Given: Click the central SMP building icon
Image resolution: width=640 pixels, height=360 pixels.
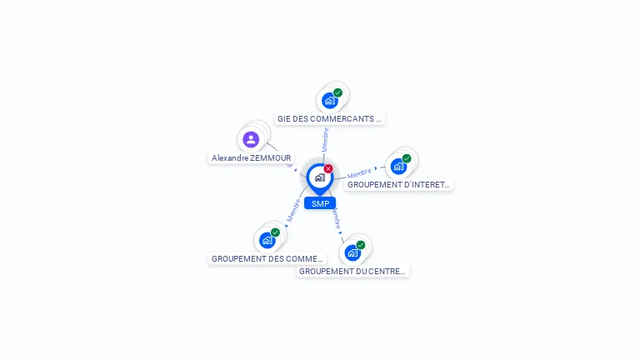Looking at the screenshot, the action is [319, 177].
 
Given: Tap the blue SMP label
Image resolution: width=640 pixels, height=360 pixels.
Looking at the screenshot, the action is [320, 203].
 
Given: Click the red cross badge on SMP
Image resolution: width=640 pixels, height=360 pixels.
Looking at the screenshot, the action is [328, 168].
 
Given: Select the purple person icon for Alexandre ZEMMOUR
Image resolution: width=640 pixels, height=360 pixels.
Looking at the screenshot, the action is [251, 139].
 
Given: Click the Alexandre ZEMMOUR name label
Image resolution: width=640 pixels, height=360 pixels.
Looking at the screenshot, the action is [252, 157].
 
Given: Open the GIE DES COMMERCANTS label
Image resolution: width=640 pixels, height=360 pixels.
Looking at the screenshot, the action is [329, 118].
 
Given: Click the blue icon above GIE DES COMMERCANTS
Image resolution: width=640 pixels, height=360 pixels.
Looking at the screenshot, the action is [330, 100].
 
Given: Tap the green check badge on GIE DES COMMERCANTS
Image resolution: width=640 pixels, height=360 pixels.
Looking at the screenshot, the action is [337, 92].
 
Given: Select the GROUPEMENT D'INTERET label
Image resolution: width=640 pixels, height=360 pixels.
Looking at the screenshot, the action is [399, 184].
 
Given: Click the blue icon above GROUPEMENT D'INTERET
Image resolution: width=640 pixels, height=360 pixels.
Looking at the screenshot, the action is [398, 166].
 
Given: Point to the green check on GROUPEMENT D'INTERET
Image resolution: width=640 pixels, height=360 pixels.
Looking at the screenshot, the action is [407, 158].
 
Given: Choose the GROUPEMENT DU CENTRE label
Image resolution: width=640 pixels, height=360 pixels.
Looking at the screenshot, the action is [352, 271].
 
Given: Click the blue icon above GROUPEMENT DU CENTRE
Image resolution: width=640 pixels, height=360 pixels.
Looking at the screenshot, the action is [352, 252].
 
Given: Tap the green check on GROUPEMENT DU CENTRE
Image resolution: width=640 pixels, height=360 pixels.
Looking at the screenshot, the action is [361, 245].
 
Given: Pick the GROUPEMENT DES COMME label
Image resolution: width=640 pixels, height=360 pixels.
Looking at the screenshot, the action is [267, 258].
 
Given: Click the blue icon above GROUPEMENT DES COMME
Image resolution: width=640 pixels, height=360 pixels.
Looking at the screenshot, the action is [267, 240].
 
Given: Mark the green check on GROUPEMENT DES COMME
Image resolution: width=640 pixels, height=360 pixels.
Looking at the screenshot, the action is [275, 232].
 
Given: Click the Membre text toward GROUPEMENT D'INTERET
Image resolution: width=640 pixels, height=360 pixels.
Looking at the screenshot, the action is [359, 172].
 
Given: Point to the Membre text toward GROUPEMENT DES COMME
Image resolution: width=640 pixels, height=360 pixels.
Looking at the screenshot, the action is [293, 211].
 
